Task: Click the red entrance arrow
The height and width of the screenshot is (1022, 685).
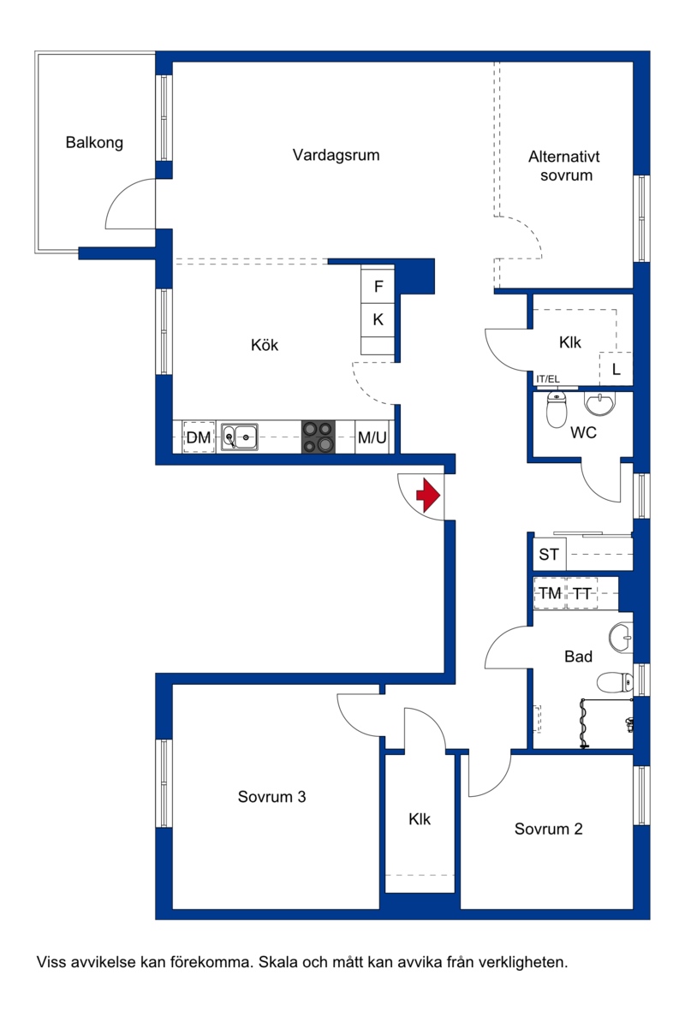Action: (x=428, y=495)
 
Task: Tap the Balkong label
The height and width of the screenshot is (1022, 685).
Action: (x=94, y=143)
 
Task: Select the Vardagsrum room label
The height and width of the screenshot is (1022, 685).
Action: (x=336, y=155)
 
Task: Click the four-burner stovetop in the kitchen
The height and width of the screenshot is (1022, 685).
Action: (x=318, y=437)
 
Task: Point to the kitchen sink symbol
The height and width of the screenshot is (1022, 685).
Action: (x=239, y=437)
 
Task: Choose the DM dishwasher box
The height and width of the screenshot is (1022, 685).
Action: (x=199, y=437)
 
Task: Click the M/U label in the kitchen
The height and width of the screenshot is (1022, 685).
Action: (x=372, y=437)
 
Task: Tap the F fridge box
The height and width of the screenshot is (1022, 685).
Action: (x=378, y=286)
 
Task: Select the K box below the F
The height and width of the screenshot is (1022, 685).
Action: (x=378, y=319)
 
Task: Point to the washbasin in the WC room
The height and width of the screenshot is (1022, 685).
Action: (x=599, y=403)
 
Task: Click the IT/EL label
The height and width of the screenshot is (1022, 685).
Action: (x=547, y=378)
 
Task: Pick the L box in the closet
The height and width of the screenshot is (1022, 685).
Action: (x=616, y=369)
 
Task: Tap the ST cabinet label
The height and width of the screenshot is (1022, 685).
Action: (x=549, y=554)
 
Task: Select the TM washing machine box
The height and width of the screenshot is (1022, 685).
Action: (x=550, y=593)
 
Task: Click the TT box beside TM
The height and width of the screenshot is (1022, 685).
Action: (x=582, y=593)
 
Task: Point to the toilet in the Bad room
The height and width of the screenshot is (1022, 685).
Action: (x=615, y=682)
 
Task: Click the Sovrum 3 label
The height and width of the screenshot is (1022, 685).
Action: (x=271, y=797)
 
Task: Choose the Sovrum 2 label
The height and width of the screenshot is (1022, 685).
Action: (x=548, y=829)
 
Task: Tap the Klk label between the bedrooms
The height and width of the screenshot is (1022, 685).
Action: (x=420, y=818)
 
